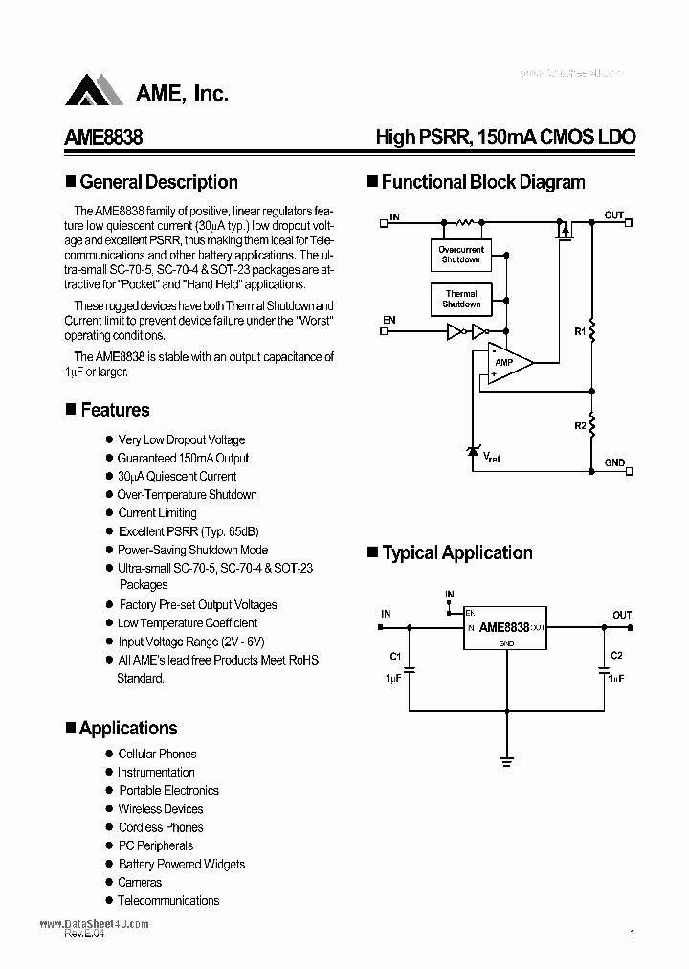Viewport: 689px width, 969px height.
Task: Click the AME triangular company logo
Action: [x=94, y=90]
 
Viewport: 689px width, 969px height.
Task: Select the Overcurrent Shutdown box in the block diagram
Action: [x=461, y=255]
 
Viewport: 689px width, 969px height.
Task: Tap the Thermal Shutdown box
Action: [x=461, y=299]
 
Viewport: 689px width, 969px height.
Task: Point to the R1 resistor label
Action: [x=579, y=331]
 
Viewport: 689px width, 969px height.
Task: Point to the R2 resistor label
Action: [x=579, y=424]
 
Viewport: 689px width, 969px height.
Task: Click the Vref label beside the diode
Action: [x=491, y=458]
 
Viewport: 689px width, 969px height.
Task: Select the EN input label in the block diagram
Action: [x=389, y=319]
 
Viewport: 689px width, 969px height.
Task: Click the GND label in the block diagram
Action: [x=614, y=462]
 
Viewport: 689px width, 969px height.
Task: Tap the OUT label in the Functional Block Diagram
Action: [x=613, y=215]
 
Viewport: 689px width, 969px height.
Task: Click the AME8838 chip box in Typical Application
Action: [x=503, y=628]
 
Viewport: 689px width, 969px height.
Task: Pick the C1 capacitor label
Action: [x=394, y=656]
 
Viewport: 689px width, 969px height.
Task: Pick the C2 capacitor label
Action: [x=616, y=656]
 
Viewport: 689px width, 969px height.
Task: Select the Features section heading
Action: [x=115, y=410]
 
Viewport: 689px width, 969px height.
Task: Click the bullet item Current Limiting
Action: [x=157, y=513]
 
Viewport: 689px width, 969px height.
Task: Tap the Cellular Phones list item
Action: [x=157, y=755]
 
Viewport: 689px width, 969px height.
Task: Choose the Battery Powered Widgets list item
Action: [x=181, y=865]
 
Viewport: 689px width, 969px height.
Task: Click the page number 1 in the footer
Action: [x=633, y=934]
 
